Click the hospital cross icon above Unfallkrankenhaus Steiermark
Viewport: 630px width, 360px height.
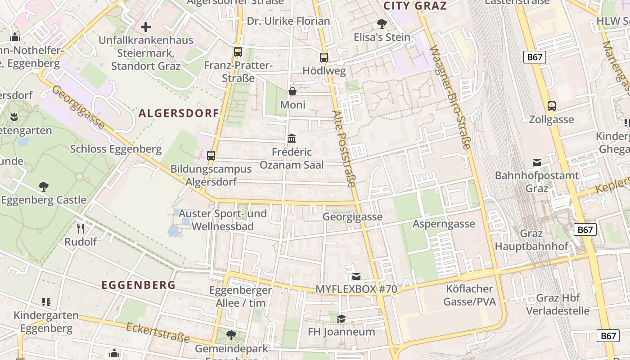pyautogui.click(x=146, y=27)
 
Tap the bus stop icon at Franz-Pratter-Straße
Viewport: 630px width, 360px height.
pyautogui.click(x=238, y=52)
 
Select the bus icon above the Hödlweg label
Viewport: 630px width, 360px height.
pyautogui.click(x=324, y=58)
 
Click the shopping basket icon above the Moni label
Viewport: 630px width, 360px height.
pyautogui.click(x=292, y=92)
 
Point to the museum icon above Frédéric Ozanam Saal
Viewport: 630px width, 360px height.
pyautogui.click(x=292, y=138)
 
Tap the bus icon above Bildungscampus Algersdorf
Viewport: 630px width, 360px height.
pyautogui.click(x=211, y=156)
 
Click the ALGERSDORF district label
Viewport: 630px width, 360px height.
pyautogui.click(x=179, y=113)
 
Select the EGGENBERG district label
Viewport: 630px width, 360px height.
pyautogui.click(x=139, y=285)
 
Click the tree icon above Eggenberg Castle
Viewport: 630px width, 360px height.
pyautogui.click(x=44, y=186)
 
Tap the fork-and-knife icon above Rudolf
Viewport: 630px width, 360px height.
pyautogui.click(x=81, y=229)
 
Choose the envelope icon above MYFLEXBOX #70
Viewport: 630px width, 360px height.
pyautogui.click(x=356, y=276)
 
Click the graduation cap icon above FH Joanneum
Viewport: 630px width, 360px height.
pyautogui.click(x=342, y=319)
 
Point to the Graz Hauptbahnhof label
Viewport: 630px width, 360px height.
pyautogui.click(x=531, y=240)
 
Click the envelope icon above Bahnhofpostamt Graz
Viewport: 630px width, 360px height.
pyautogui.click(x=537, y=162)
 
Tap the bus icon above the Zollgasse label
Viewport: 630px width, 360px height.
pyautogui.click(x=552, y=107)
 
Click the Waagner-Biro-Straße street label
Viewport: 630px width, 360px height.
pyautogui.click(x=450, y=97)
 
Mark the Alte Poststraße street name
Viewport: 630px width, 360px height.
pyautogui.click(x=345, y=148)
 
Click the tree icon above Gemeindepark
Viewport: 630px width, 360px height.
pyautogui.click(x=231, y=335)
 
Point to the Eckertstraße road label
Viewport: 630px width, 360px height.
pyautogui.click(x=157, y=333)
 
